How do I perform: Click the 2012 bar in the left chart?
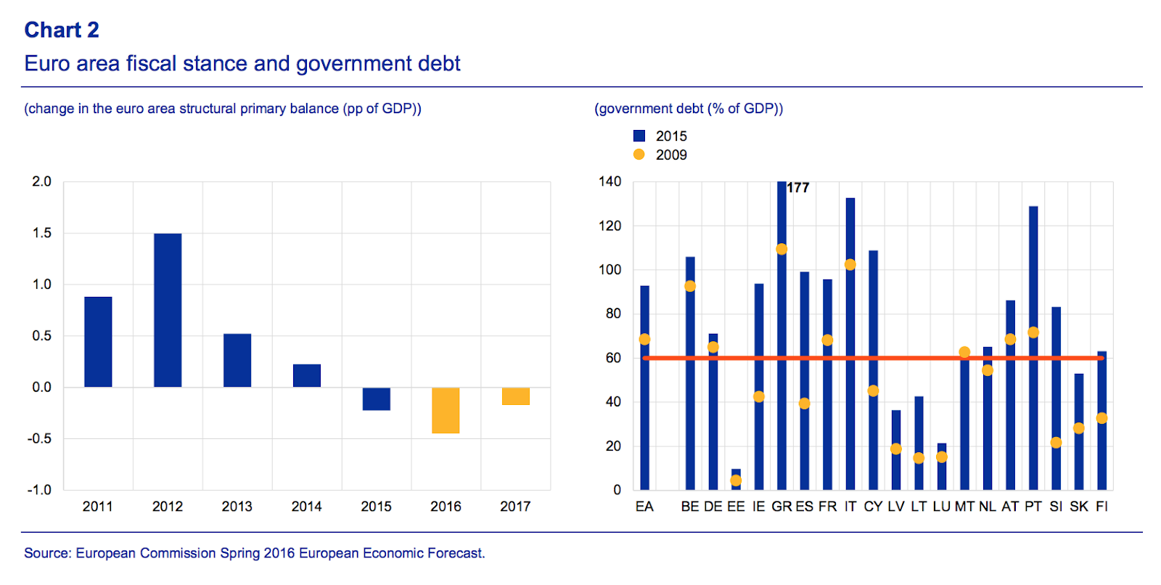168,310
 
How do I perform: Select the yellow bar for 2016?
446,410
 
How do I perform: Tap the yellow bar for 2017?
515,396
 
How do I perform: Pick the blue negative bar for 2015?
376,399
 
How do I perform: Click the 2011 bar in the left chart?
98,341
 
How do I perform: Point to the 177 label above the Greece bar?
798,188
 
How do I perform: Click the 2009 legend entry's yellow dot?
639,155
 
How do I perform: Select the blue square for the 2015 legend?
639,136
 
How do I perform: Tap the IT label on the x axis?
850,507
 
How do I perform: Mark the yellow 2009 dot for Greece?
781,249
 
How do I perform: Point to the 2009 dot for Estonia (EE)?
736,480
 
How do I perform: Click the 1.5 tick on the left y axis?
42,233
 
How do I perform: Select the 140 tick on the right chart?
610,181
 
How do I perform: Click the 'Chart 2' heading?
62,30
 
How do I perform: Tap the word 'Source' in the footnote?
46,553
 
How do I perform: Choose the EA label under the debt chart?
644,507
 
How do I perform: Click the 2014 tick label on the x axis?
306,507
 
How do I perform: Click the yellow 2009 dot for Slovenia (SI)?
1056,443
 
